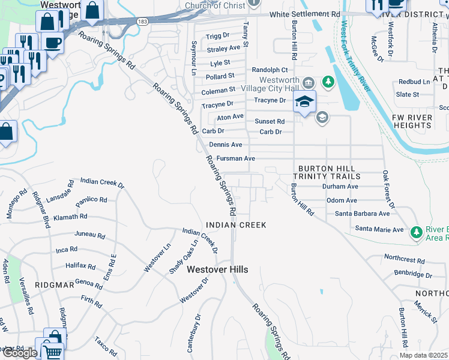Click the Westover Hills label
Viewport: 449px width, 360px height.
click(217, 270)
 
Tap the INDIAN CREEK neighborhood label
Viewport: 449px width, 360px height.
click(235, 224)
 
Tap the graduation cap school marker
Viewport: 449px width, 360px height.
click(304, 101)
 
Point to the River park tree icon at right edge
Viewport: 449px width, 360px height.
click(415, 232)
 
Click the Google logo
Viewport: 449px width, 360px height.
click(19, 353)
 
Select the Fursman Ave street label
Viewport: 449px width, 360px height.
click(236, 158)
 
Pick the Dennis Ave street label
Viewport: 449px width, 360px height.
click(226, 145)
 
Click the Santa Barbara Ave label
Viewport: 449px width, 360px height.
click(362, 214)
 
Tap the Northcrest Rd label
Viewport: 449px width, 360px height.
click(404, 261)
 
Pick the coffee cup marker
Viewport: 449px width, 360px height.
click(53, 43)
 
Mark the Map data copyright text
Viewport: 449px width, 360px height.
click(423, 355)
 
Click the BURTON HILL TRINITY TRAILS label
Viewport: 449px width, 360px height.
click(327, 173)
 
